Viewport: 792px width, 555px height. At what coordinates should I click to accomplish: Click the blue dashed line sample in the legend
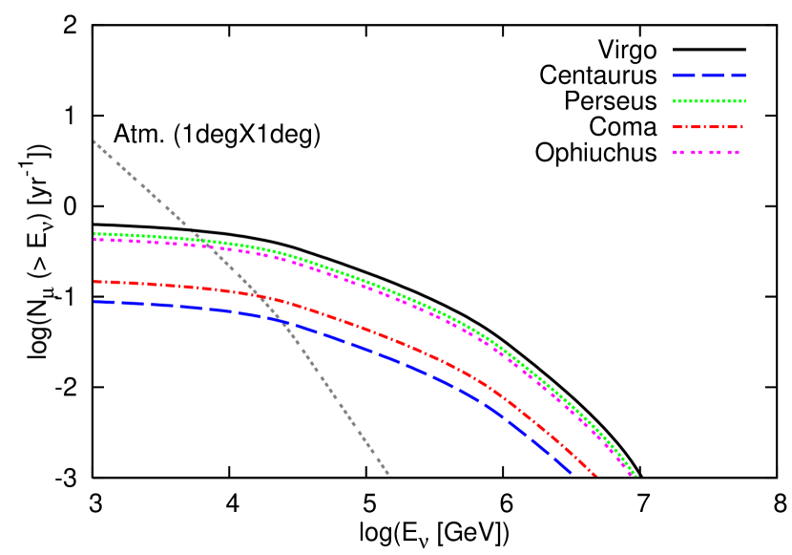[x=709, y=75]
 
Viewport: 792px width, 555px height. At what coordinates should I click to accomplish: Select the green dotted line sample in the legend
[x=709, y=101]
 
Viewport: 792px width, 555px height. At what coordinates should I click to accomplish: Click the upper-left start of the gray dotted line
[x=94, y=141]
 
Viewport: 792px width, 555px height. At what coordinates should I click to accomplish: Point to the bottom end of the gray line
[x=389, y=475]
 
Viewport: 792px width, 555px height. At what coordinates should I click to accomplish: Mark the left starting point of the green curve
[x=94, y=233]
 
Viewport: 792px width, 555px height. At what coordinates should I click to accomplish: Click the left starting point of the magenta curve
[x=94, y=239]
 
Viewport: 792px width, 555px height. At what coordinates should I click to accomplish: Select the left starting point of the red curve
[x=94, y=281]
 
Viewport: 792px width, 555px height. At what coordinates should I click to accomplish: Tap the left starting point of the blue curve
[x=94, y=302]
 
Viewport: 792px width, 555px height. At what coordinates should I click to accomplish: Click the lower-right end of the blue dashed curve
[x=570, y=472]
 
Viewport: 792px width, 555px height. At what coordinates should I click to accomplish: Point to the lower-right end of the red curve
[x=596, y=475]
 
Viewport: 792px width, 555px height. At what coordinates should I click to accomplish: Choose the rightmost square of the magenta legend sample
[x=736, y=152]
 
